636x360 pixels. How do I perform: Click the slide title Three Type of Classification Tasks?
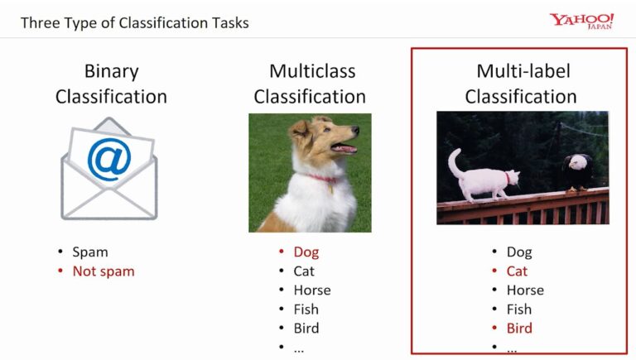(134, 22)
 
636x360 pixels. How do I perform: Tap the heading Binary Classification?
(111, 84)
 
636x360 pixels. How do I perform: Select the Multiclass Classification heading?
(310, 84)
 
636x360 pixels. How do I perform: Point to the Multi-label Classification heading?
(520, 84)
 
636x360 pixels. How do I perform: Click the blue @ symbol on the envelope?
(109, 161)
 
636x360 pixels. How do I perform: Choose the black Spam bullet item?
(89, 252)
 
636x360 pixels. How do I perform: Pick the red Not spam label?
(103, 271)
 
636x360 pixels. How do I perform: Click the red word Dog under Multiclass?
(306, 252)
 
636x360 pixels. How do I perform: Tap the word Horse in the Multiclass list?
(311, 290)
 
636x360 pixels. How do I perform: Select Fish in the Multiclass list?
(306, 310)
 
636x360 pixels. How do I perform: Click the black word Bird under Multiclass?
(306, 329)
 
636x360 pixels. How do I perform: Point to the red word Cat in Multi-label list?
(517, 271)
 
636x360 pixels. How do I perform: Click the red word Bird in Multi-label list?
(519, 329)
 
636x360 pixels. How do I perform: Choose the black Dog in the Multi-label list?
(519, 252)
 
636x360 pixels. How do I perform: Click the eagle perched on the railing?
(576, 171)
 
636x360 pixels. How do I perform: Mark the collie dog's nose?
(356, 130)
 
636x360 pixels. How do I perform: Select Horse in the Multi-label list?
(525, 290)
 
